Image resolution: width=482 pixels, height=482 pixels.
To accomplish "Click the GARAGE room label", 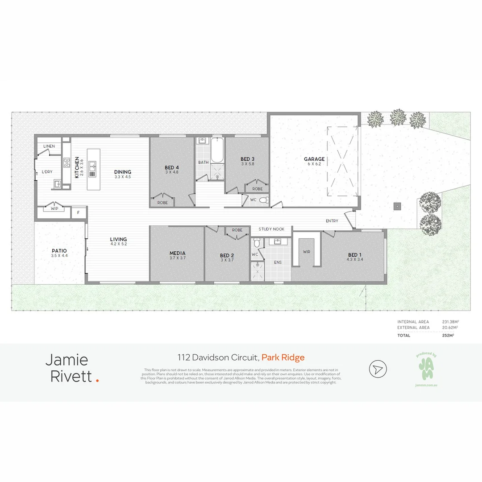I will [314, 159].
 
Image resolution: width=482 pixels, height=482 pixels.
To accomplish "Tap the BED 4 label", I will [172, 168].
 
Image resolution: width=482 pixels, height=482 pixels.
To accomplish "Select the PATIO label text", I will [59, 251].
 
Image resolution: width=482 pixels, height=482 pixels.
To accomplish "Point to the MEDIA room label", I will [177, 253].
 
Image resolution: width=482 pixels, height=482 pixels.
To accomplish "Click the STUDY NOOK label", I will [271, 229].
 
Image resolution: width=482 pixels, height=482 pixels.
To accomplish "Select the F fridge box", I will [79, 213].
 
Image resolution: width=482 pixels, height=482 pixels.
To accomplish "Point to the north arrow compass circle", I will [378, 369].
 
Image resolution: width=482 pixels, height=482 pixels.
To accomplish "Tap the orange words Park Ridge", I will [283, 357].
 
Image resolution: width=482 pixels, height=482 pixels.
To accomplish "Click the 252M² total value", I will [448, 335].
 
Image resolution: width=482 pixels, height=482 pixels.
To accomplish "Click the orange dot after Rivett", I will [98, 380].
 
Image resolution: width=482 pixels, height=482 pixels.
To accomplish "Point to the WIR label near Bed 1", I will [307, 252].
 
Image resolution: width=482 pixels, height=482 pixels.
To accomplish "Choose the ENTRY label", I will [332, 221].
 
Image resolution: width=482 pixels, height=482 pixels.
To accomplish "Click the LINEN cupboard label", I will [49, 146].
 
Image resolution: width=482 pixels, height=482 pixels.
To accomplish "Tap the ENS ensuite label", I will [278, 262].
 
